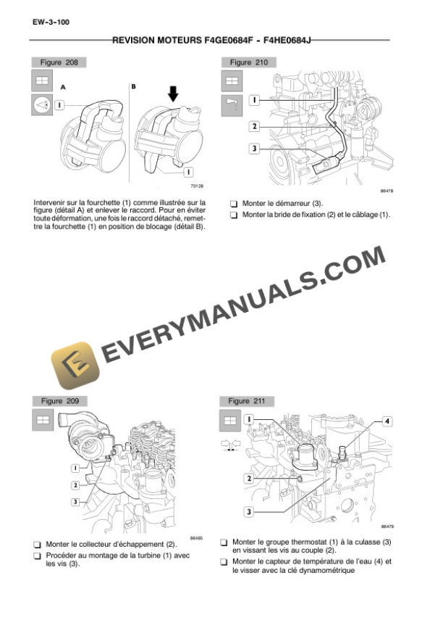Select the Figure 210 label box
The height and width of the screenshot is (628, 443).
pyautogui.click(x=248, y=62)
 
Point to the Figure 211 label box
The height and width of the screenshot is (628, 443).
pyautogui.click(x=248, y=400)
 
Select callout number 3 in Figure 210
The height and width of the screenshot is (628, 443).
pyautogui.click(x=255, y=149)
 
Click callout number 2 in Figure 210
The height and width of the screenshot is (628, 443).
pyautogui.click(x=255, y=125)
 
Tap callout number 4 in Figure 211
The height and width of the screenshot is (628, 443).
pyautogui.click(x=387, y=421)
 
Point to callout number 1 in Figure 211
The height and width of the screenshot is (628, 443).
pyautogui.click(x=248, y=418)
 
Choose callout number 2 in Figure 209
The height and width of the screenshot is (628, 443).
pyautogui.click(x=75, y=484)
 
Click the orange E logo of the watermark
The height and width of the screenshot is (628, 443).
pyautogui.click(x=75, y=365)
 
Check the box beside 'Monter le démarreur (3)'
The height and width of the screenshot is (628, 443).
pyautogui.click(x=233, y=204)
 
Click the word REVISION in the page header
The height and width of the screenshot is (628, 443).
pyautogui.click(x=136, y=41)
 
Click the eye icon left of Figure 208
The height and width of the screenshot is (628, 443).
pyautogui.click(x=40, y=105)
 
